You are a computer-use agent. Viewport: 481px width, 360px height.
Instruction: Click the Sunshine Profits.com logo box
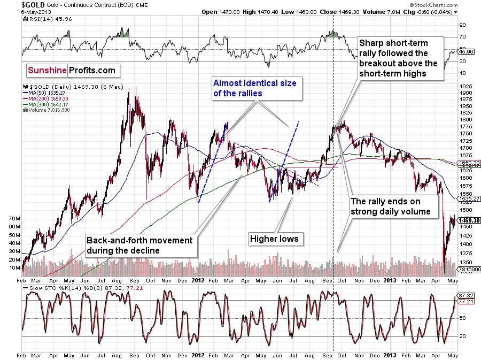point(72,70)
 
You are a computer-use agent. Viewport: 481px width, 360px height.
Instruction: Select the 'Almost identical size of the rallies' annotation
point(254,88)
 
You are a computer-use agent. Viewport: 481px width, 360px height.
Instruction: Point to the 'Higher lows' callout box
point(274,239)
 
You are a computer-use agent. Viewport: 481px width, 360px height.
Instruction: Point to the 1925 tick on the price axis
point(467,86)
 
